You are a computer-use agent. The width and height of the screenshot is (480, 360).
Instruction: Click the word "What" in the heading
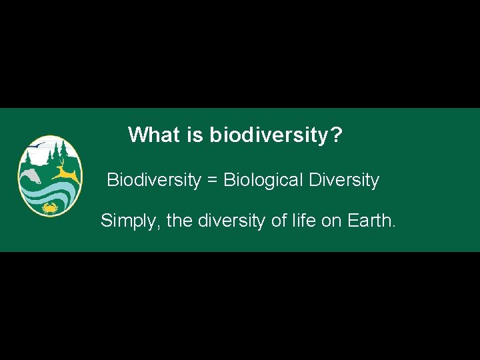(154, 135)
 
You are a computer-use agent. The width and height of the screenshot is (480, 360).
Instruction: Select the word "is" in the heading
(195, 135)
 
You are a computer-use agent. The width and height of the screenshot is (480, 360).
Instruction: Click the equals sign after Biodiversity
(212, 181)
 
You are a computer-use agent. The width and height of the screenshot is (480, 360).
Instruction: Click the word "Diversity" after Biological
(344, 180)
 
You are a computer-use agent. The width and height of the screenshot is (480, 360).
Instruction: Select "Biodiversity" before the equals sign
(153, 180)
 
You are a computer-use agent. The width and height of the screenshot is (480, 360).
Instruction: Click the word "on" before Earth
(331, 220)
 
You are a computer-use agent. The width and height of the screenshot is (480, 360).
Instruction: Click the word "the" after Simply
(179, 220)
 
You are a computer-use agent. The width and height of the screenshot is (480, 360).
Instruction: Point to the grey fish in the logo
(30, 176)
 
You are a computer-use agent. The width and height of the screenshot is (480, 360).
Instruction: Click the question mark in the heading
(336, 135)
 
